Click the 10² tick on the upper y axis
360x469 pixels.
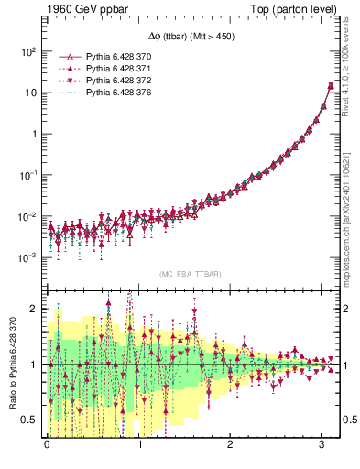[x=28, y=52]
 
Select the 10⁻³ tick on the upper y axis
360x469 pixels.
[x=28, y=257]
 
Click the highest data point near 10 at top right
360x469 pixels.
[x=331, y=86]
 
